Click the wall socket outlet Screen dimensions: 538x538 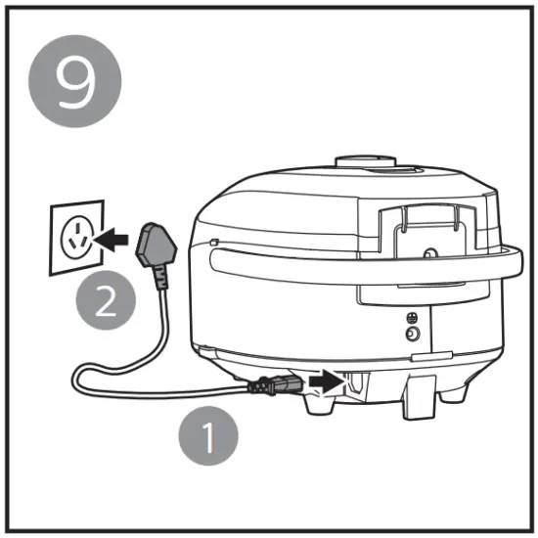74,238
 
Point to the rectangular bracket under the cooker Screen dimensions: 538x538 419,396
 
